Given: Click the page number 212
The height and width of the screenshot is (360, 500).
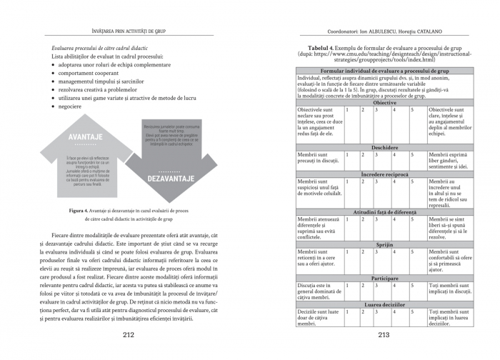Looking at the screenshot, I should point(129,334).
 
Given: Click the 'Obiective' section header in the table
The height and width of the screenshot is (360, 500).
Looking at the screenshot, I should point(384,103).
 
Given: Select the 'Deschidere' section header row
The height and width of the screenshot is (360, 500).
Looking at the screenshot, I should point(384,147).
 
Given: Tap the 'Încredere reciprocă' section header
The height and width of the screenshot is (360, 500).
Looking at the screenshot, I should point(384,174).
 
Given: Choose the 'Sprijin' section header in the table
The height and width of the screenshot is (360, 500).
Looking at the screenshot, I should point(384,244).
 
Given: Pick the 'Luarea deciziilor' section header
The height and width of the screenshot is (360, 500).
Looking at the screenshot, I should point(384,304).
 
